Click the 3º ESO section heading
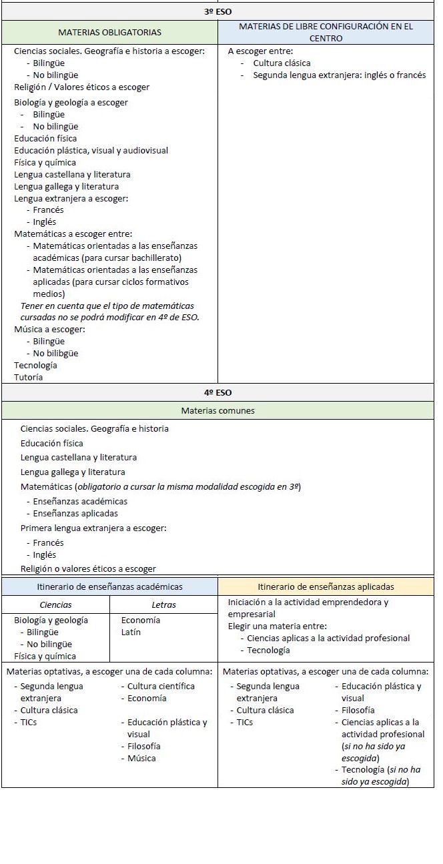(x=217, y=11)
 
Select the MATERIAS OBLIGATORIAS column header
(x=109, y=32)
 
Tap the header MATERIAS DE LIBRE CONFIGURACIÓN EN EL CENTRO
(x=326, y=32)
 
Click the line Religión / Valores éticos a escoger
(x=81, y=87)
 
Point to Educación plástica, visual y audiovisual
(x=91, y=150)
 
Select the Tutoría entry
(x=28, y=377)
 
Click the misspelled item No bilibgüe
(x=55, y=353)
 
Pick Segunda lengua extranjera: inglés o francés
(x=339, y=75)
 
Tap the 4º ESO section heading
(x=217, y=392)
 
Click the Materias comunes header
(x=217, y=410)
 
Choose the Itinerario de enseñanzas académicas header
(x=109, y=587)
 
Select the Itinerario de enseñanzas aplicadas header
(x=326, y=587)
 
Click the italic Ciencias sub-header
(x=56, y=605)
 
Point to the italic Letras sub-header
(x=163, y=605)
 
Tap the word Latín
(x=131, y=632)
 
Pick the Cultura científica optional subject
(x=161, y=686)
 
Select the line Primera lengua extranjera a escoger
(x=93, y=528)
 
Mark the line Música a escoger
(x=49, y=329)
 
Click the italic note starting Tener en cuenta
(x=107, y=311)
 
